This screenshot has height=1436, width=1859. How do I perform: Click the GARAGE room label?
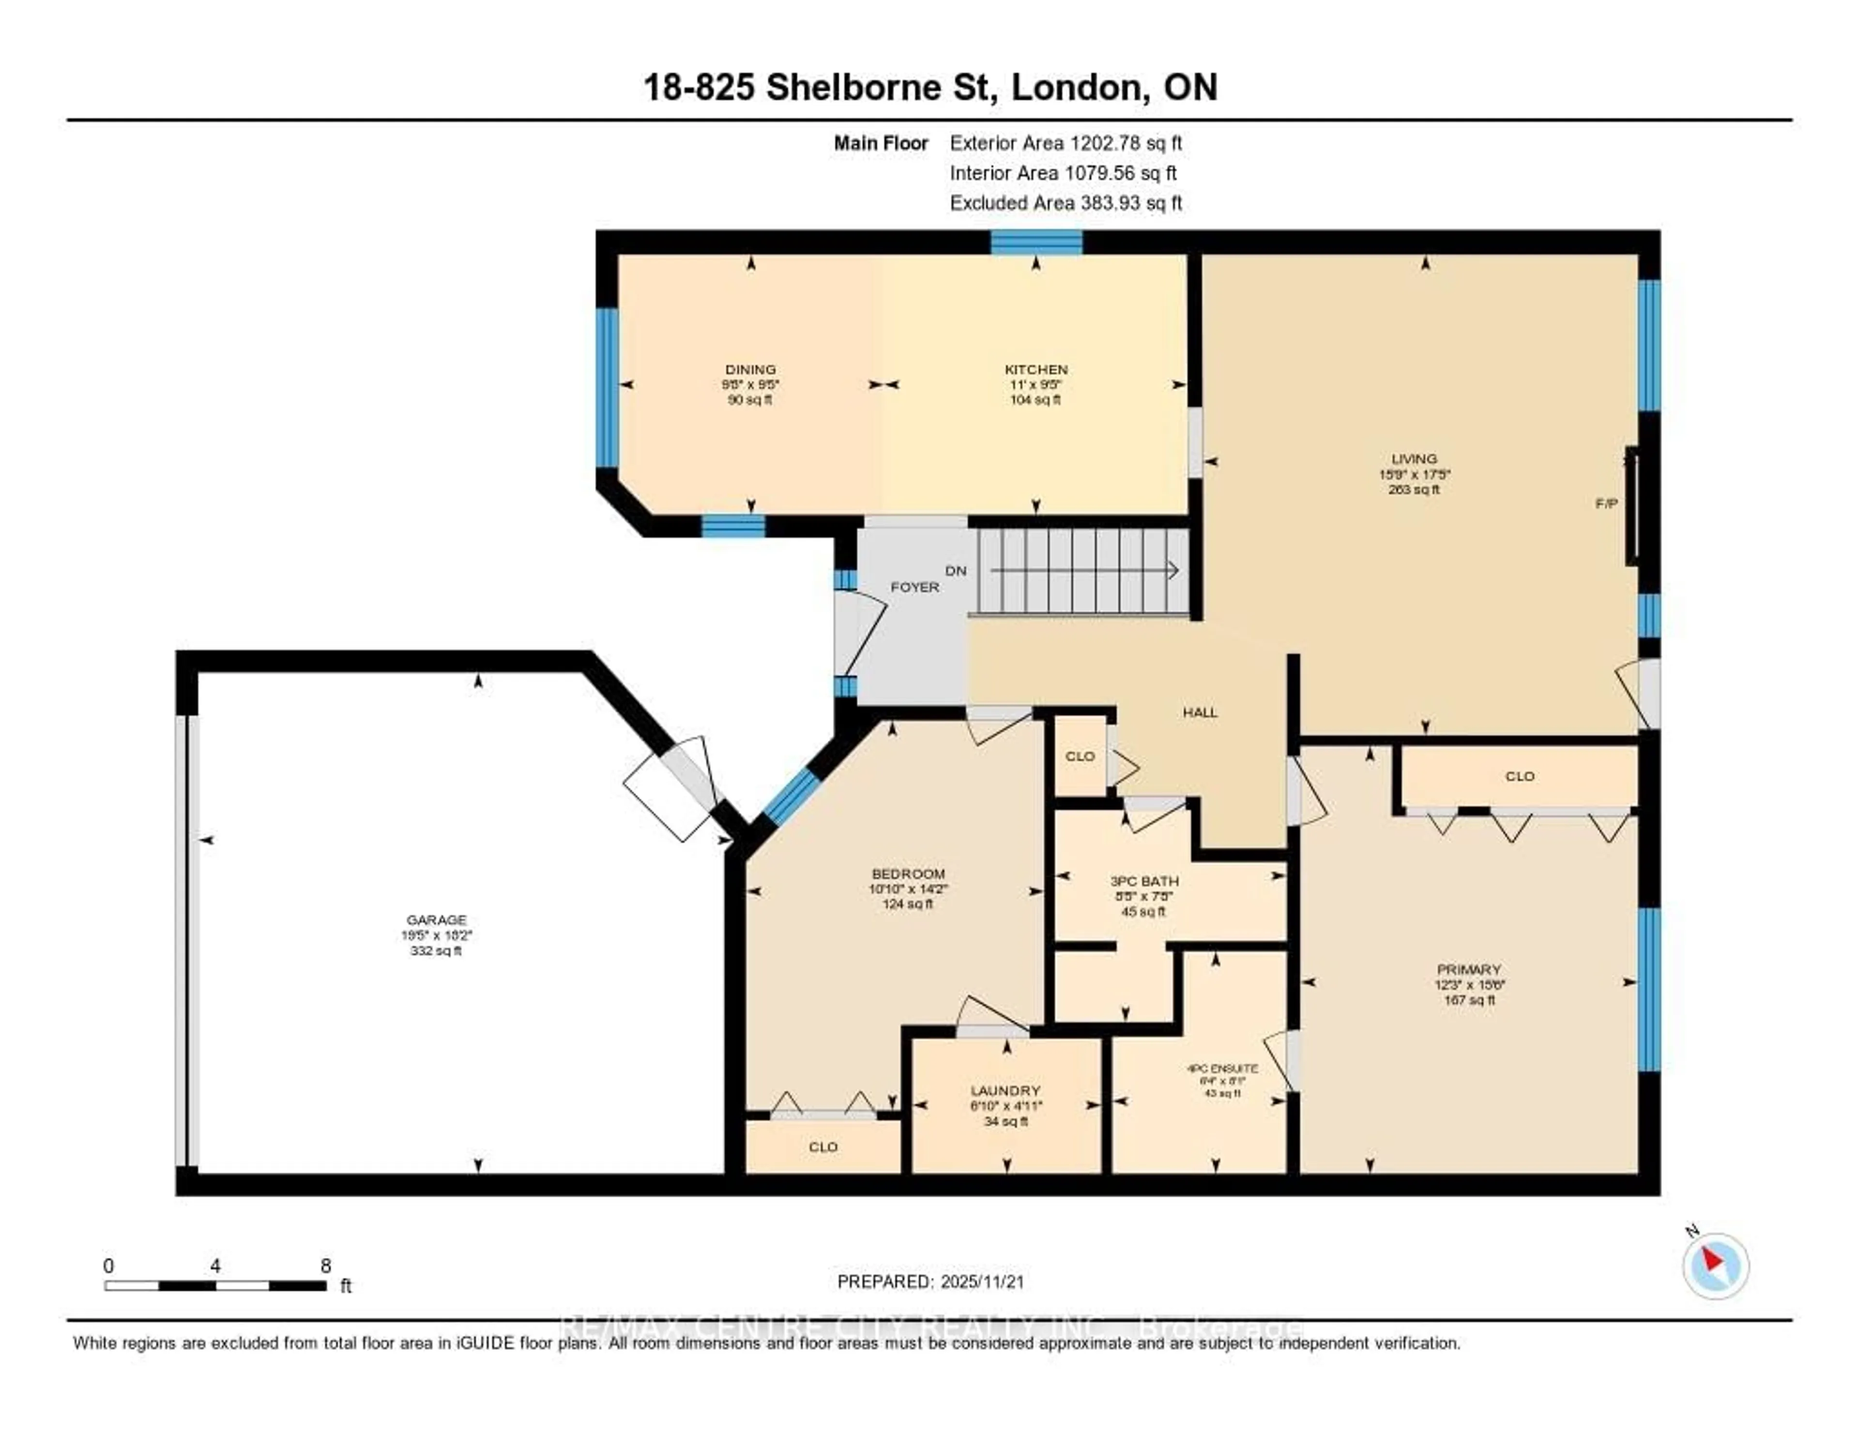pyautogui.click(x=436, y=919)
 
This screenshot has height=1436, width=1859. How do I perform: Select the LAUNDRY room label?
pyautogui.click(x=1005, y=1090)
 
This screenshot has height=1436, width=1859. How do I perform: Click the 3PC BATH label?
pyautogui.click(x=1144, y=881)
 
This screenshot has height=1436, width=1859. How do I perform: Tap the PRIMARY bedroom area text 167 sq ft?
pyautogui.click(x=1469, y=1000)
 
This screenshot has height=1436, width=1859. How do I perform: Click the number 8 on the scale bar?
pyautogui.click(x=326, y=1266)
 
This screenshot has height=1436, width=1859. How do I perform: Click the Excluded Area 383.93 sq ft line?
pyautogui.click(x=1066, y=202)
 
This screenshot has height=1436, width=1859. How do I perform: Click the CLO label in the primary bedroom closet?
pyautogui.click(x=1519, y=776)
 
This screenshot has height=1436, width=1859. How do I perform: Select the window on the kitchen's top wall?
pyautogui.click(x=1036, y=243)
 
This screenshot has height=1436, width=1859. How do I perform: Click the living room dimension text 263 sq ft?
pyautogui.click(x=1414, y=489)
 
